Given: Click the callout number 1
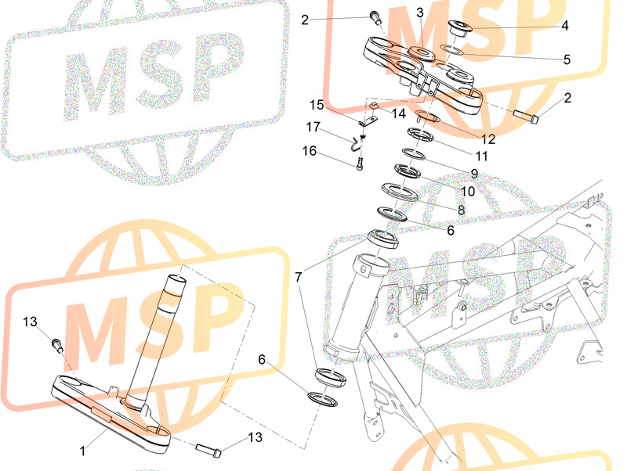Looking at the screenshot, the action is (82, 451).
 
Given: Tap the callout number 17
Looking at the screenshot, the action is (313, 127).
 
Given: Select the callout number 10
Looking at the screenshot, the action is (468, 191).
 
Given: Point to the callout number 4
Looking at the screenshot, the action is (564, 26).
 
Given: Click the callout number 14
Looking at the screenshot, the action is (399, 113).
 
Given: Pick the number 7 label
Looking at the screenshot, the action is (299, 277).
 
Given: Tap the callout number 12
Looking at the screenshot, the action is (488, 139).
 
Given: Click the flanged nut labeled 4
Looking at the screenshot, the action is (460, 28).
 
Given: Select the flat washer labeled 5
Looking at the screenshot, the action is (452, 50).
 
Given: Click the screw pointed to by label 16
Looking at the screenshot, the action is (360, 164).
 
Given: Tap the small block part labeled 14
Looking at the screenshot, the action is (373, 106).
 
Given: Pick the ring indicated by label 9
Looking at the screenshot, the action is (414, 153).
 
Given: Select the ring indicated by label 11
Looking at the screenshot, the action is (421, 135).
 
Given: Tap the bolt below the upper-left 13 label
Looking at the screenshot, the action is (57, 345).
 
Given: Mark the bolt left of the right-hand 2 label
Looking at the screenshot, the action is (525, 116).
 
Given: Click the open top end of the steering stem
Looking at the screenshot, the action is (176, 279).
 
